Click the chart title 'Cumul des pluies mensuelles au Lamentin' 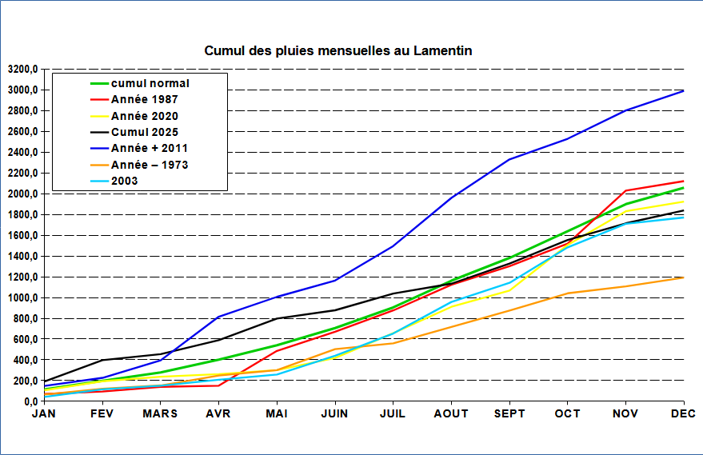[x=338, y=51]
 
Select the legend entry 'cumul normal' [x=150, y=83]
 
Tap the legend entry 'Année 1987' [x=145, y=99]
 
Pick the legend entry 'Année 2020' [x=145, y=116]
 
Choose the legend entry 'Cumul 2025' [x=145, y=132]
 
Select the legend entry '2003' [x=125, y=181]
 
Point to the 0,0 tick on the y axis [x=29, y=401]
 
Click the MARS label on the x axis [x=160, y=413]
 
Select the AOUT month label [x=451, y=413]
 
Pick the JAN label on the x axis [x=44, y=413]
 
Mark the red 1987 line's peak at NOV [x=625, y=190]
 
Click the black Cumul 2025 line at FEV [x=102, y=360]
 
